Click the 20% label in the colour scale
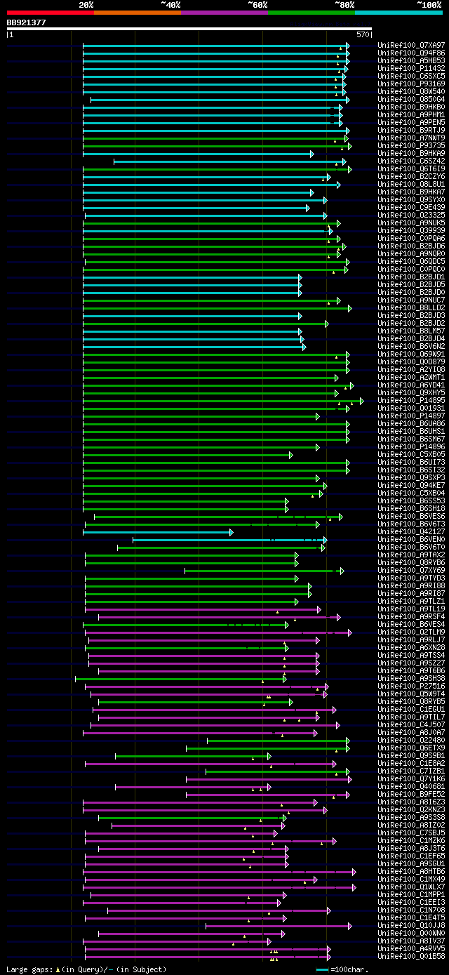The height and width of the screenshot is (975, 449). [86, 4]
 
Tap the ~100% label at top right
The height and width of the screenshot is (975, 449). [429, 4]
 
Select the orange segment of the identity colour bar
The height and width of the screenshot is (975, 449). [137, 12]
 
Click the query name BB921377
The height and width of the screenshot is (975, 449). [27, 22]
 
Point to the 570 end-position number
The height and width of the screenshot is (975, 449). [363, 34]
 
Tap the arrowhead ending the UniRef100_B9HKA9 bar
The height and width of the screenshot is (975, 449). [312, 153]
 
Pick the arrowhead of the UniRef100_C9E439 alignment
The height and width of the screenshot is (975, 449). [307, 207]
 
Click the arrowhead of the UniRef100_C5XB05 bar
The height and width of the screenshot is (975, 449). [290, 454]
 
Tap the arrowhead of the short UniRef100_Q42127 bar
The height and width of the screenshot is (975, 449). [231, 531]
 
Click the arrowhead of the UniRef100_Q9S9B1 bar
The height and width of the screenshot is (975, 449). [269, 755]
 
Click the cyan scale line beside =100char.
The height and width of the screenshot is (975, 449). [323, 969]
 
